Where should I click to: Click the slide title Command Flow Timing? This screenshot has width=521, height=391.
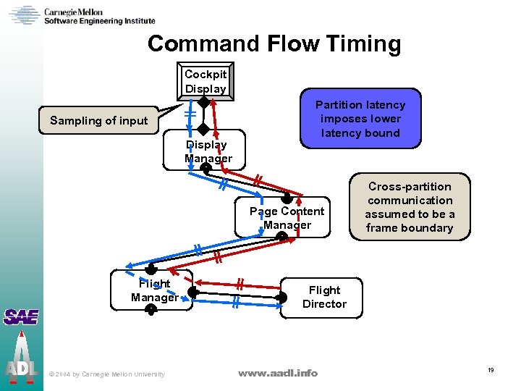274,44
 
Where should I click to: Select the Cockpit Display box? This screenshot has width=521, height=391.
206,81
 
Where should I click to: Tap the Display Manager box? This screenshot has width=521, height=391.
208,151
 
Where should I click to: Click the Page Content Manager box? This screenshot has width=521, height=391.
287,218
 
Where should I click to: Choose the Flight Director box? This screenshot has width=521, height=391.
324,297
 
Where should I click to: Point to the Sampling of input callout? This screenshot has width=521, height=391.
98,121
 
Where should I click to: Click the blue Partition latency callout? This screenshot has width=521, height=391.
360,119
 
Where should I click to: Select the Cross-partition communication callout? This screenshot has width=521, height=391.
410,207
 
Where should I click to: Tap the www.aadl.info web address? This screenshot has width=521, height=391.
278,373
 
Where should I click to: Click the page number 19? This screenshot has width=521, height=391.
491,370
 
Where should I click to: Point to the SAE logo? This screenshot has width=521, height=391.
20,317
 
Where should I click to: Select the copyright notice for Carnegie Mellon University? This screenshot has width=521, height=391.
106,374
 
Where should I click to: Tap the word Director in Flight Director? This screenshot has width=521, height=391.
324,304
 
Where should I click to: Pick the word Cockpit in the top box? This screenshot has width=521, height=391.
206,75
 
